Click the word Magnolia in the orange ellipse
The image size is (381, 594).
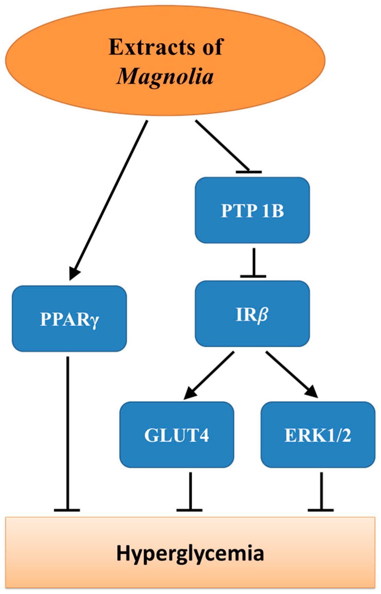point(165,76)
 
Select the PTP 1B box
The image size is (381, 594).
point(252,210)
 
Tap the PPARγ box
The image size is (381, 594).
point(69,319)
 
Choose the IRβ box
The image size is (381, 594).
point(252,314)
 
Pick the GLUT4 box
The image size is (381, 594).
point(177,435)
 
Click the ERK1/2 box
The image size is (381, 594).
point(318,435)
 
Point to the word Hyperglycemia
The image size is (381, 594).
point(190,553)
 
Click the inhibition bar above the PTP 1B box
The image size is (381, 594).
point(249,172)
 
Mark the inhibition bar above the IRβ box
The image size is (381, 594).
point(253,276)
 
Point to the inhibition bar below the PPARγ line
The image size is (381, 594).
point(67,510)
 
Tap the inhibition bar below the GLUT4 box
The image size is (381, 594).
point(190,510)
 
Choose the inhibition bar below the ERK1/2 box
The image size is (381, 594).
point(321,510)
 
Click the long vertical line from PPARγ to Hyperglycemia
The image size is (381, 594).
point(68,432)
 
